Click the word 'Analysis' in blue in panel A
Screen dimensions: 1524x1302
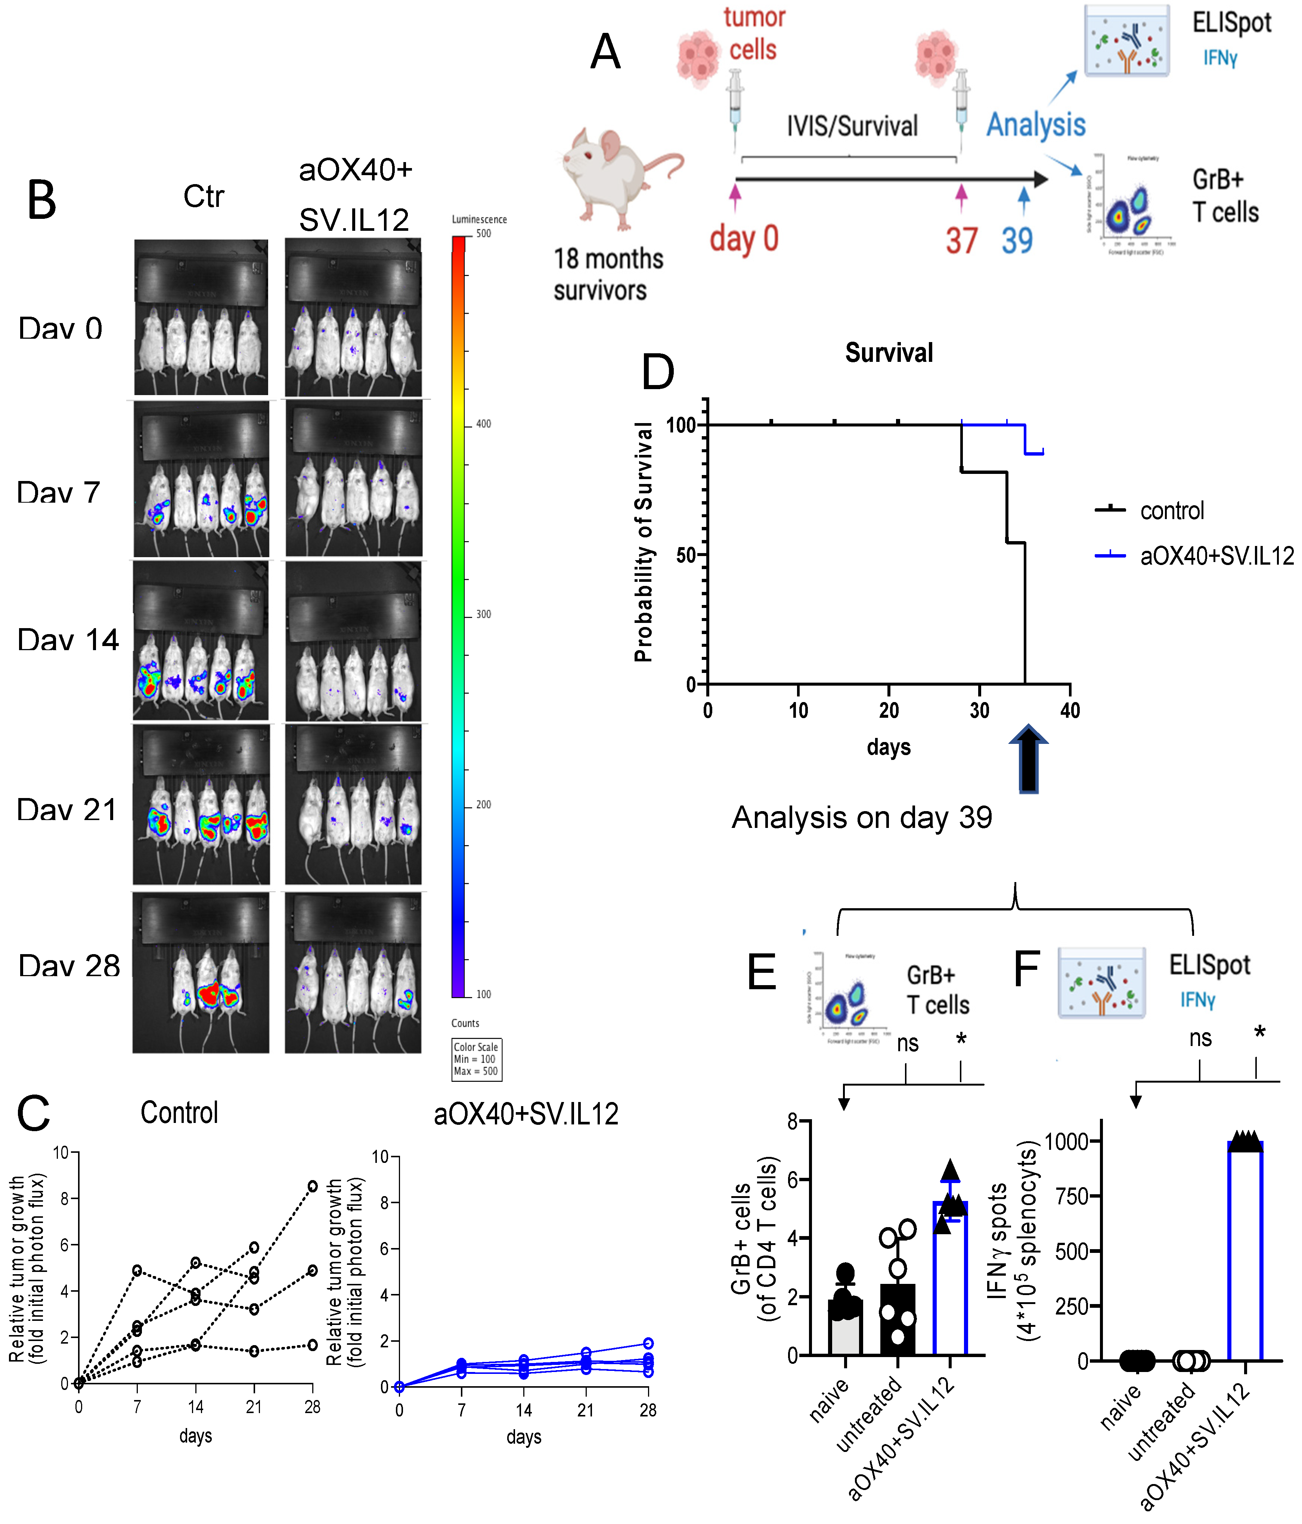(x=1036, y=125)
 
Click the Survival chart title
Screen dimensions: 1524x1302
(x=889, y=353)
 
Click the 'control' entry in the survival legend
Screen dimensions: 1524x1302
(x=1172, y=510)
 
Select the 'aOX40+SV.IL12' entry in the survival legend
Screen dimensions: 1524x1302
(x=1217, y=556)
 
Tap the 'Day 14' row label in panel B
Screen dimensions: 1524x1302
(x=68, y=640)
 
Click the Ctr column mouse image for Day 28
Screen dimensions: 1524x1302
(x=201, y=972)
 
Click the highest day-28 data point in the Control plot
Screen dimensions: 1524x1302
(x=313, y=1186)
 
